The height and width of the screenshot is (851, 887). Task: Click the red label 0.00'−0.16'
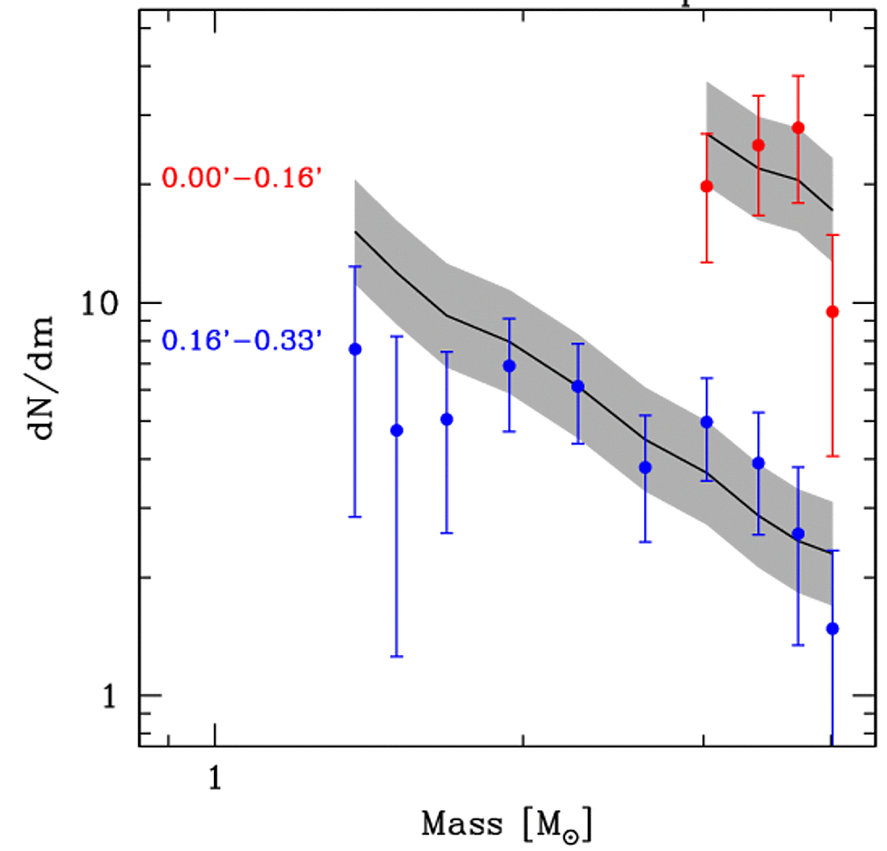click(241, 178)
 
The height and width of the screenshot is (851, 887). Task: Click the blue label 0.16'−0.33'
click(241, 342)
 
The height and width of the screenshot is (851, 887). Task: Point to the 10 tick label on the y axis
click(102, 303)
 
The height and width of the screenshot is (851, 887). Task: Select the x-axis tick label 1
click(215, 778)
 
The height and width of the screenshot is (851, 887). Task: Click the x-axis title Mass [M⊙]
click(507, 825)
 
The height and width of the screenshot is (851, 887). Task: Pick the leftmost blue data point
click(356, 349)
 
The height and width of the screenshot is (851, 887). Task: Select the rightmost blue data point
click(833, 629)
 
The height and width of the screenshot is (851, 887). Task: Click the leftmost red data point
click(707, 186)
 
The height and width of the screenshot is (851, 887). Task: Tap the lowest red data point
click(833, 312)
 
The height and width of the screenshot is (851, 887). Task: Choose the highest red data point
click(798, 128)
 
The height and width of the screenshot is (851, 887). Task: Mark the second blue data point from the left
click(396, 430)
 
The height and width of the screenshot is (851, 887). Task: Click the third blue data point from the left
click(446, 419)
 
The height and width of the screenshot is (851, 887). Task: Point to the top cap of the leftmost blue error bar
click(356, 266)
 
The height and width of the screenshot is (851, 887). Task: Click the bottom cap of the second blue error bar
click(396, 656)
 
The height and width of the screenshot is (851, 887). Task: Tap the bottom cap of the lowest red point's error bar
click(833, 456)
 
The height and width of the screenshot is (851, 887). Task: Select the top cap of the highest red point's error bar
click(798, 75)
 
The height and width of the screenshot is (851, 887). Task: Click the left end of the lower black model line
click(356, 231)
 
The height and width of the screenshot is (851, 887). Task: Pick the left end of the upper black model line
click(707, 133)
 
